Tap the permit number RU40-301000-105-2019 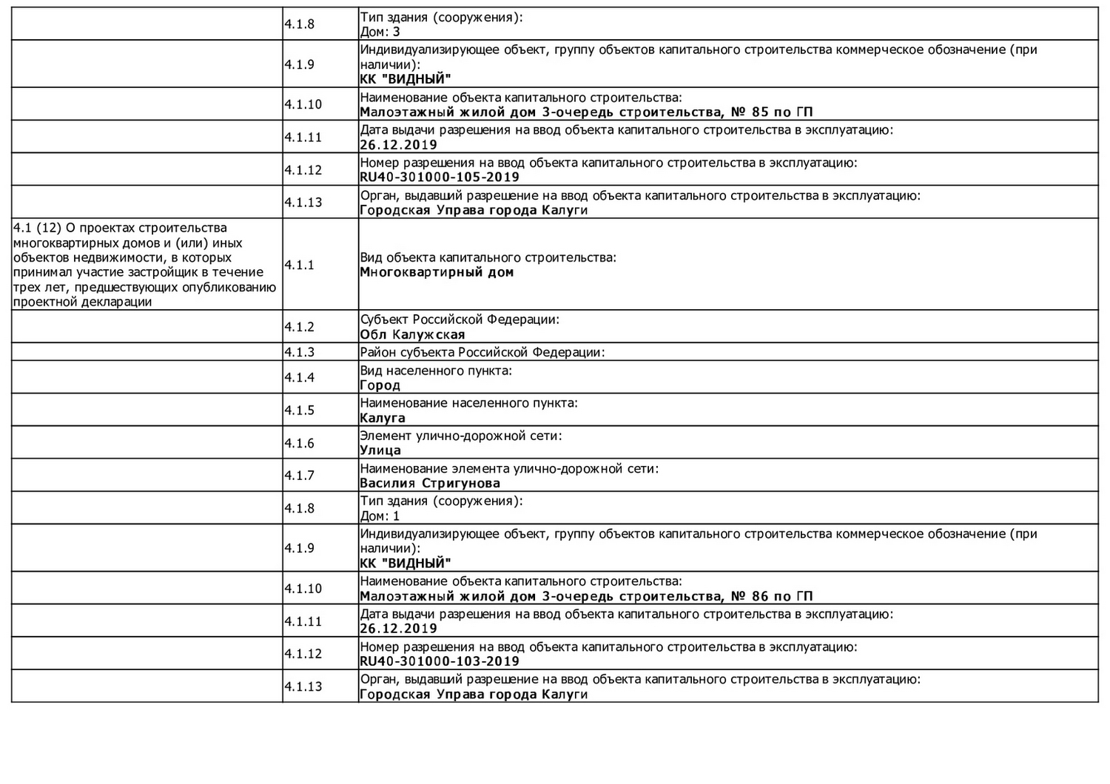tap(440, 178)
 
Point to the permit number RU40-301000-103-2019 tap(440, 661)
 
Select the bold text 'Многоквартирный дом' tap(437, 272)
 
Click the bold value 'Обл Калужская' tap(412, 334)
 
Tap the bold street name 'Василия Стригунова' tap(430, 484)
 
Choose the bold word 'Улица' tap(380, 450)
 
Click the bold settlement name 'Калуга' tap(383, 418)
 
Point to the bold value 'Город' tap(380, 385)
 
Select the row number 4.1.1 tap(300, 265)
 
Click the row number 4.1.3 tap(300, 352)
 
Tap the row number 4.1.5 tap(300, 410)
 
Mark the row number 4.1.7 tap(300, 476)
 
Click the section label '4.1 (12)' tap(38, 228)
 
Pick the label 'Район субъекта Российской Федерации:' tap(482, 352)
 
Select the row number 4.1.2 tap(300, 327)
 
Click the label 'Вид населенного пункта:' tap(436, 371)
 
